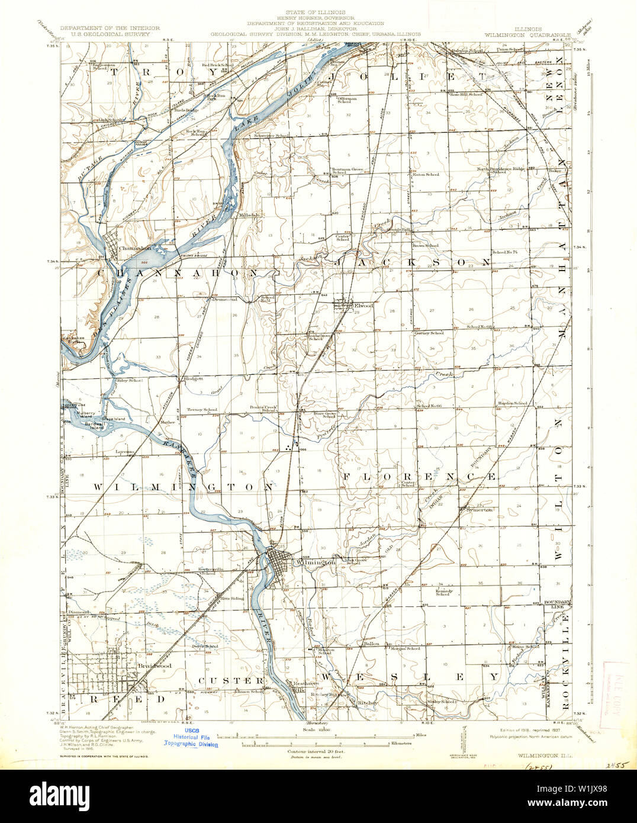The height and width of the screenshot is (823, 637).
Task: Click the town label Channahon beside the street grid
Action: [x=132, y=249]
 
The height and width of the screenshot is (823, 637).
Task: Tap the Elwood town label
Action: [x=363, y=306]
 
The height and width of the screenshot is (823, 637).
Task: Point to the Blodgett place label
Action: [x=193, y=378]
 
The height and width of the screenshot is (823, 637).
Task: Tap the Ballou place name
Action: [x=371, y=644]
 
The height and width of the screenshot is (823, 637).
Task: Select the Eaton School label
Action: [x=426, y=175]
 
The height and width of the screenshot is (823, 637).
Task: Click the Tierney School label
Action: [x=202, y=410]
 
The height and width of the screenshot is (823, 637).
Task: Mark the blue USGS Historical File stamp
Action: [x=191, y=738]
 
